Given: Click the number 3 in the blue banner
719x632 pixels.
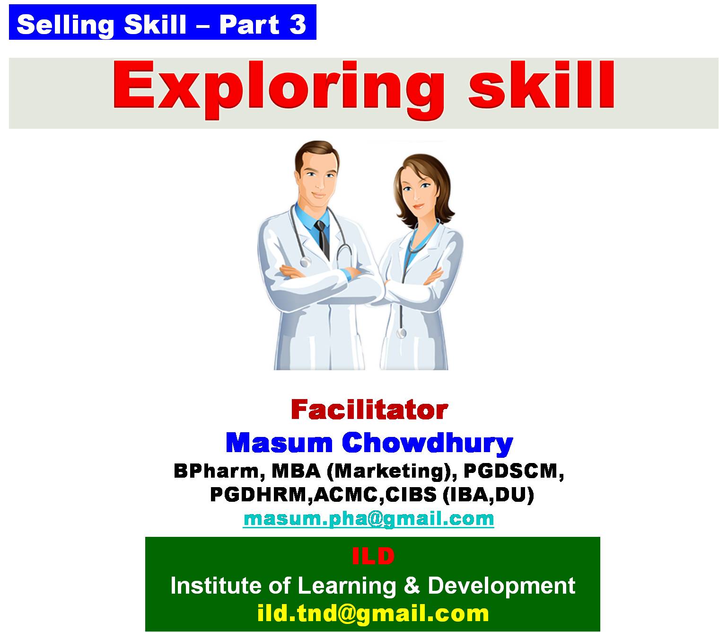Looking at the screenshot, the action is click(x=298, y=25).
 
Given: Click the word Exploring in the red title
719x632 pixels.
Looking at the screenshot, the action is click(x=279, y=89).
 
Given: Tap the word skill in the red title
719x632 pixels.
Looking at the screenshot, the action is click(x=541, y=85).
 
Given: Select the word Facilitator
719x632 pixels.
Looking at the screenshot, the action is click(x=369, y=410).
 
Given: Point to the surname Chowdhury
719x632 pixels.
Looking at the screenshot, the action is click(x=427, y=444).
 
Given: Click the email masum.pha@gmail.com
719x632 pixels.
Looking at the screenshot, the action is click(x=368, y=519).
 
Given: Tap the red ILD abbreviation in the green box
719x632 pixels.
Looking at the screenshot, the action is click(x=373, y=556).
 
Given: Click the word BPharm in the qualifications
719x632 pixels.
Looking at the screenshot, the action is click(x=219, y=472).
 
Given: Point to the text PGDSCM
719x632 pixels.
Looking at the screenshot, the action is click(x=514, y=472).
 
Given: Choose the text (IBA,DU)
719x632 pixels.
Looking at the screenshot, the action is click(x=488, y=495).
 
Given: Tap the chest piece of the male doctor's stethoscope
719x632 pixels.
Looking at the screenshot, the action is click(x=305, y=262).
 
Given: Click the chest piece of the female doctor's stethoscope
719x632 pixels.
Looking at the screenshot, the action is click(x=402, y=333).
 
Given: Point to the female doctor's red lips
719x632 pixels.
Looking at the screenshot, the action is click(x=419, y=205).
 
